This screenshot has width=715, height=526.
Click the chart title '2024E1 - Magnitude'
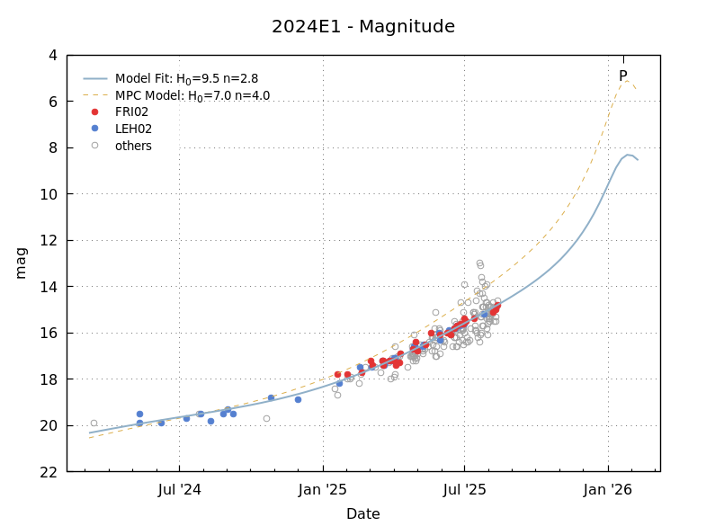[x=362, y=27]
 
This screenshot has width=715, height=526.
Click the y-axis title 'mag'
[x=21, y=263]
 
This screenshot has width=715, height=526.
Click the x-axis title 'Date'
[x=362, y=514]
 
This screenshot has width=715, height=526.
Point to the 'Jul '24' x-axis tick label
[x=179, y=490]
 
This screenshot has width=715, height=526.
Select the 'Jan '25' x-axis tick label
[x=322, y=490]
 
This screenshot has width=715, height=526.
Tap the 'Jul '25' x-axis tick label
[x=464, y=490]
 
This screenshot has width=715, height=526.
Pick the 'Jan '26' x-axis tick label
[x=608, y=490]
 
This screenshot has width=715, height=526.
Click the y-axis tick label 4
[x=52, y=56]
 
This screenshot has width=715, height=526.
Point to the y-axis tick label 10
[x=49, y=194]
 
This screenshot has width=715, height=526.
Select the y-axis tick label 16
[x=49, y=334]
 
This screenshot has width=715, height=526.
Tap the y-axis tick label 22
[x=49, y=472]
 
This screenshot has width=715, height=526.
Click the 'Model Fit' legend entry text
[x=186, y=79]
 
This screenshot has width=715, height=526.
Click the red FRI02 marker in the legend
[x=95, y=112]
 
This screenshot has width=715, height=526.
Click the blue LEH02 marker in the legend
[x=95, y=129]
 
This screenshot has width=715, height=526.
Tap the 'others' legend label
[x=133, y=147]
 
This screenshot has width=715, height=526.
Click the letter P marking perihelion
[x=622, y=76]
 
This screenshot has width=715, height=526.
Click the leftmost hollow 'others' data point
[x=94, y=423]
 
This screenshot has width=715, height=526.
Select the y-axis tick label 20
[x=49, y=426]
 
